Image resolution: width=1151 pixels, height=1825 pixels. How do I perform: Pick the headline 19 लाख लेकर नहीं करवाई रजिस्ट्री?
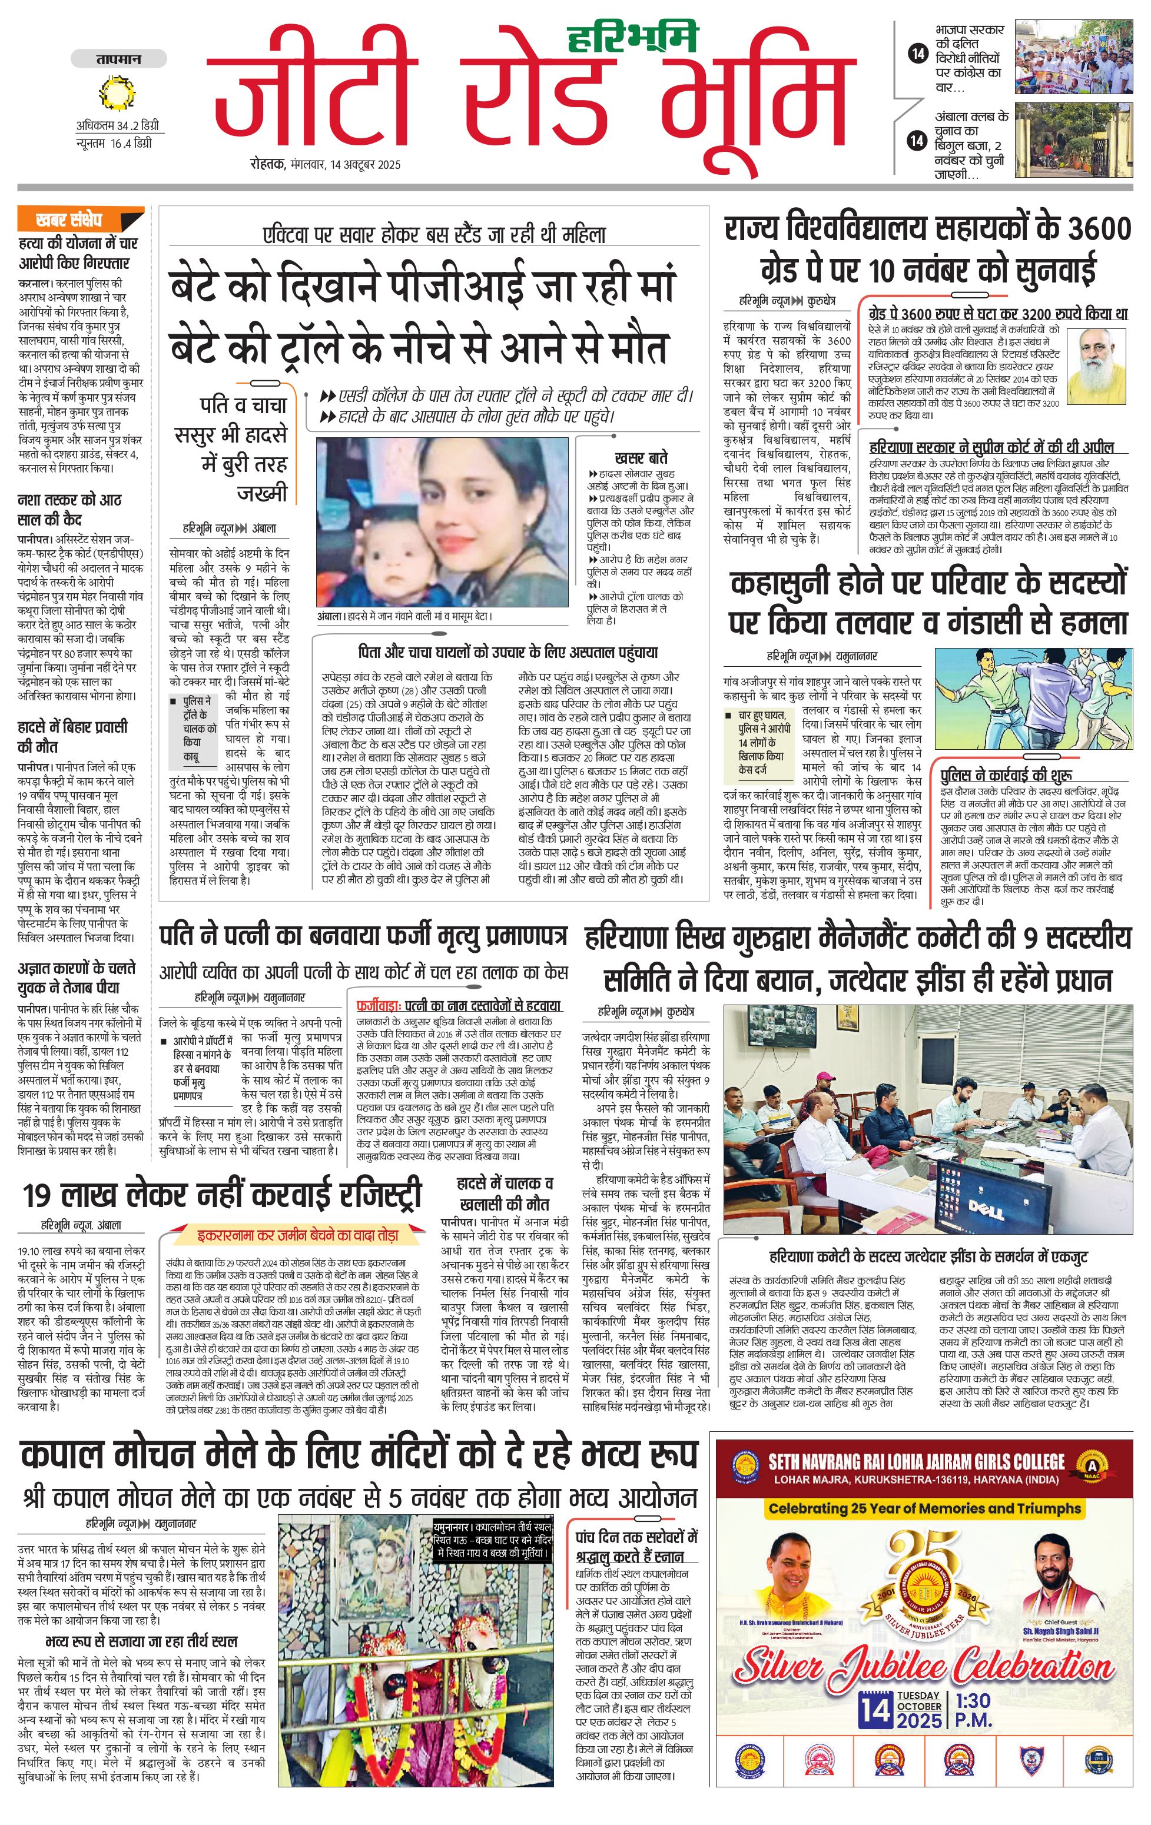[x=221, y=1195]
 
